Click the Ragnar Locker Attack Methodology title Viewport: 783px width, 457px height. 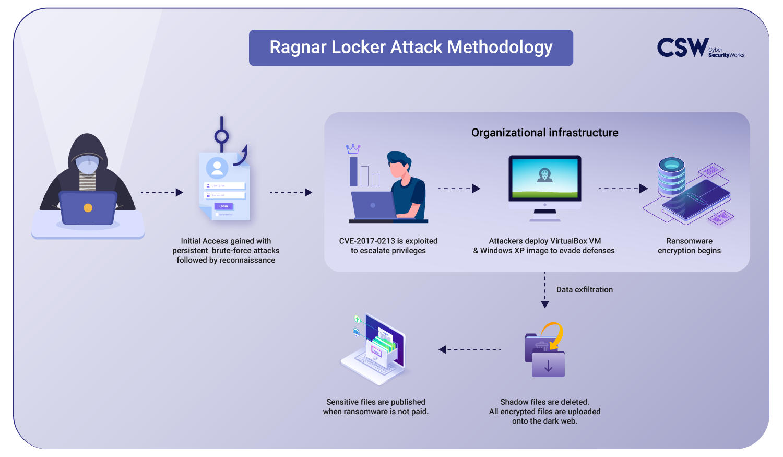click(x=411, y=48)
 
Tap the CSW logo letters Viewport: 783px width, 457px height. click(x=683, y=48)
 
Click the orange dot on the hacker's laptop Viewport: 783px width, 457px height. click(x=88, y=208)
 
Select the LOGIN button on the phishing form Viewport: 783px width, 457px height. click(x=223, y=206)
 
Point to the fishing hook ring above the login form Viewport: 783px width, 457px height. click(x=222, y=136)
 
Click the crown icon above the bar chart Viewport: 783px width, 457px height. click(x=353, y=149)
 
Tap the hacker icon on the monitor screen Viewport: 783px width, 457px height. click(x=544, y=175)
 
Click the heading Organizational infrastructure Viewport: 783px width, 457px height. click(x=544, y=133)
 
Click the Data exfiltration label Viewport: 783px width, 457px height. click(x=585, y=290)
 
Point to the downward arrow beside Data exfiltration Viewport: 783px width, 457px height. click(x=544, y=290)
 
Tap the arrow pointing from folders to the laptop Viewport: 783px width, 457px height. click(x=470, y=349)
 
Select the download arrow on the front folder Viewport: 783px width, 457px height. click(x=548, y=366)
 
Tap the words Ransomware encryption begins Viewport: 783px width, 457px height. click(x=690, y=246)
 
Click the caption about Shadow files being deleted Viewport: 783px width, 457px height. click(x=544, y=412)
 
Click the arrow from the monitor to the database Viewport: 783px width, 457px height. click(x=623, y=189)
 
